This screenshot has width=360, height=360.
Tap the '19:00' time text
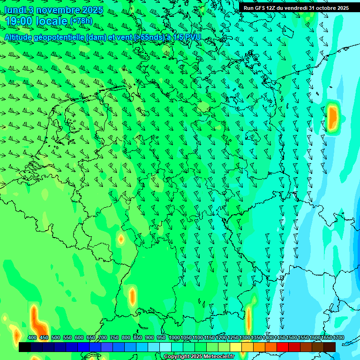19,21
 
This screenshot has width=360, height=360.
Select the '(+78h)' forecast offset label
81,21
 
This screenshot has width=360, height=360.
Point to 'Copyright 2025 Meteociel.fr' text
199,356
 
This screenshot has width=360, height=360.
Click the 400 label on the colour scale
32,338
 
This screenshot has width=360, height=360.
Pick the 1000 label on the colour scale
174,338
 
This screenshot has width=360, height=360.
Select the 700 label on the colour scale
103,338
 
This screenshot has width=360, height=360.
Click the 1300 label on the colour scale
245,338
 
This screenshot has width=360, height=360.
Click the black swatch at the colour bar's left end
25,347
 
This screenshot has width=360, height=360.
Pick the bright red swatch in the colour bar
283,347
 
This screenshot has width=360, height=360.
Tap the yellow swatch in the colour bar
236,347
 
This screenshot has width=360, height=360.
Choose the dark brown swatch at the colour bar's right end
330,347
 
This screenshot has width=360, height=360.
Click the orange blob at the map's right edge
333,118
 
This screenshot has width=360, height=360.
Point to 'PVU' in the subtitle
193,37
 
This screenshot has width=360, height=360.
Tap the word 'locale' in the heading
52,21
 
